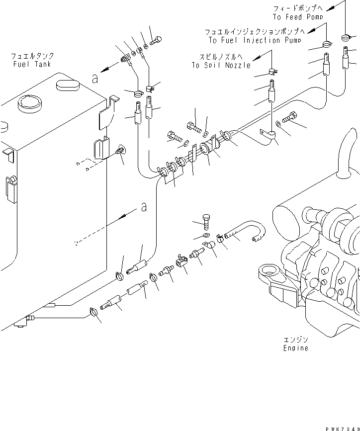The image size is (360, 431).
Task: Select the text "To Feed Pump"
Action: pos(298,17)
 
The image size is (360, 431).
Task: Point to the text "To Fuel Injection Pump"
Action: pos(255,40)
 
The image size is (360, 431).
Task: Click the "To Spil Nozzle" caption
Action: pos(221,65)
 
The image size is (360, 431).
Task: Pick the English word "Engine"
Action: pos(295,348)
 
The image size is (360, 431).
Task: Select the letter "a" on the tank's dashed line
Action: pos(144,208)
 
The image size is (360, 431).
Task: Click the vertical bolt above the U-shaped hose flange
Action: pos(207,220)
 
